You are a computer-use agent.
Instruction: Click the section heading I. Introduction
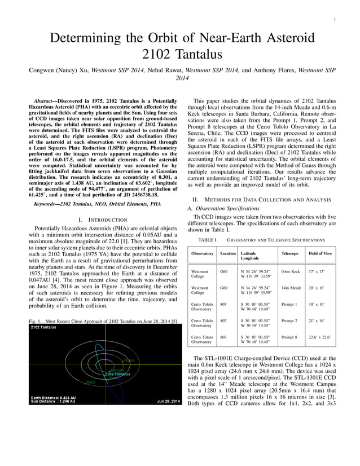(x=102, y=219)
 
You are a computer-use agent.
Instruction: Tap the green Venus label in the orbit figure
(x=129, y=360)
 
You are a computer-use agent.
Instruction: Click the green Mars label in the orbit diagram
(x=90, y=382)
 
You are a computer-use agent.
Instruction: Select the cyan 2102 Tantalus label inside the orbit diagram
(x=116, y=374)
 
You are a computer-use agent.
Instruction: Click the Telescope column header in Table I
(x=290, y=254)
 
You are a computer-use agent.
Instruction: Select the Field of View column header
(x=320, y=254)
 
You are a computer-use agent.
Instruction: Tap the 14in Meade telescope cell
(x=291, y=288)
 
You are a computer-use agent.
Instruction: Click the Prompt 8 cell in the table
(x=289, y=337)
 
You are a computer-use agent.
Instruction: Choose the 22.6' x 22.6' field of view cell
(x=321, y=337)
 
